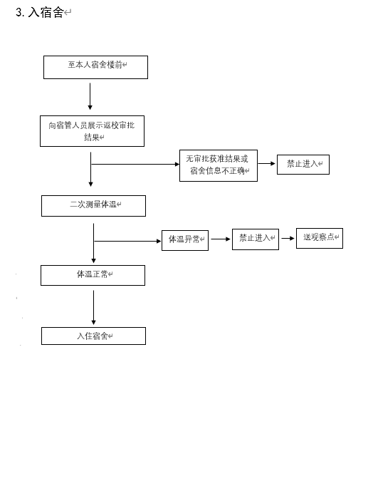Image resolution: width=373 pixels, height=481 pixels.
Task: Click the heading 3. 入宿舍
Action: pos(40,12)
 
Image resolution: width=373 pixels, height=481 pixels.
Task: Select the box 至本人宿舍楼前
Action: pos(95,67)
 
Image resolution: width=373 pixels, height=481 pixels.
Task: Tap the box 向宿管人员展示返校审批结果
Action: pos(92,131)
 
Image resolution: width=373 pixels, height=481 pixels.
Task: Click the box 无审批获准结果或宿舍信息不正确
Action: pos(219,165)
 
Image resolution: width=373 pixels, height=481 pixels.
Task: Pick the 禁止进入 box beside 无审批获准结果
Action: pos(303,165)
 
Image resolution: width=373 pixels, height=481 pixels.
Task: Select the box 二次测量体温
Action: pos(93,206)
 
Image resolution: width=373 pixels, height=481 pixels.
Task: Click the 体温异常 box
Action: pos(185,241)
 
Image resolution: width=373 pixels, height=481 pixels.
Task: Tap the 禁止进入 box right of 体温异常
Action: pos(256,239)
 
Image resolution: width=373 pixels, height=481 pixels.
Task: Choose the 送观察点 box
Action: pos(320,238)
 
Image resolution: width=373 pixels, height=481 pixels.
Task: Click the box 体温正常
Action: pos(93,276)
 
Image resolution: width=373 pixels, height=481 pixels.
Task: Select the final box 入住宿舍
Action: pos(93,336)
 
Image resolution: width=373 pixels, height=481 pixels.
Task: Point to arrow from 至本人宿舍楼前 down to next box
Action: pos(90,96)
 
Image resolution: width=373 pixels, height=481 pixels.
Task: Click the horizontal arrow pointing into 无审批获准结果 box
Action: pos(135,164)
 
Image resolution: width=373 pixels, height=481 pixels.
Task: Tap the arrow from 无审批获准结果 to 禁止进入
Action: pos(267,163)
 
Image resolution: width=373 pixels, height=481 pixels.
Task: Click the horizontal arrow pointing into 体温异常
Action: pos(127,241)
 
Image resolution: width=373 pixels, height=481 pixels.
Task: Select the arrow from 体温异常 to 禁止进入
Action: pos(221,239)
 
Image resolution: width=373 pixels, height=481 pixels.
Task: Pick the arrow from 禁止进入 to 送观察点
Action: pos(288,238)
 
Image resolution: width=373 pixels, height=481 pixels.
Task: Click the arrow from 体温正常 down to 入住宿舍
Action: pos(93,307)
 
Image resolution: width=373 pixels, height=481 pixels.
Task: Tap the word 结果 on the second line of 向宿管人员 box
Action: pos(92,137)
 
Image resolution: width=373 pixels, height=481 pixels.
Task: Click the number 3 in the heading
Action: pos(19,12)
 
